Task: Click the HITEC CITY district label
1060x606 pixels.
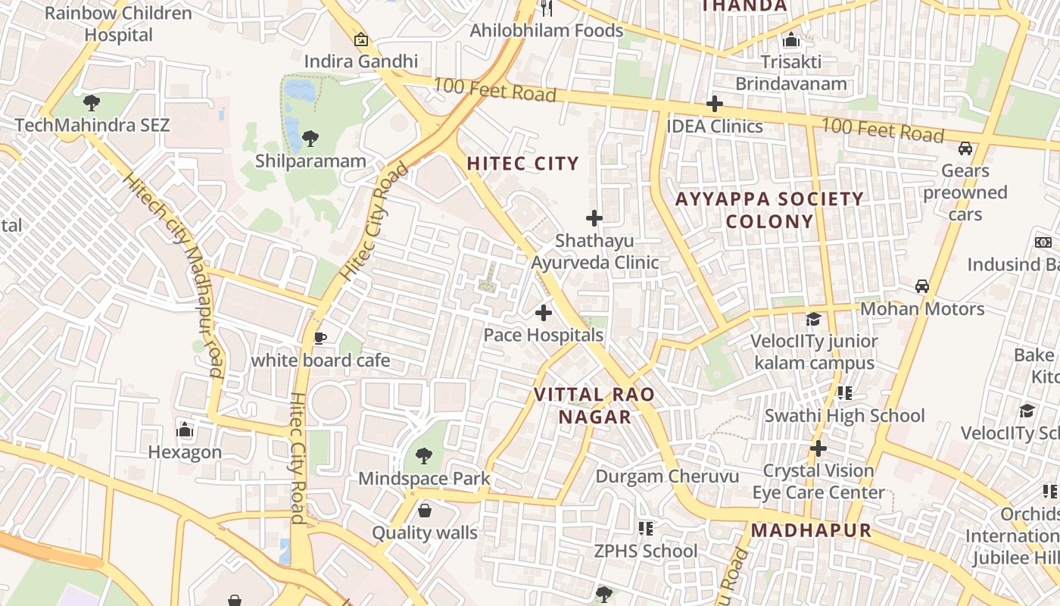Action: click(x=522, y=164)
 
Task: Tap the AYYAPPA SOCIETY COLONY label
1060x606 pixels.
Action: click(x=769, y=210)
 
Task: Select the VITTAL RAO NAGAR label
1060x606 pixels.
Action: click(x=594, y=405)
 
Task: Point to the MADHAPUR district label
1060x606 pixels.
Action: click(x=811, y=530)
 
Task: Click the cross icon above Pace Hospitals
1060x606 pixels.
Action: click(x=543, y=312)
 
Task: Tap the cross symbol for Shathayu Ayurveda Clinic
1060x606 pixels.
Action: click(x=594, y=218)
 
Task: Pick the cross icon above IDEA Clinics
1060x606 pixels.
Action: click(x=714, y=104)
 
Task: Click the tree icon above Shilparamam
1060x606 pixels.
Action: click(x=310, y=139)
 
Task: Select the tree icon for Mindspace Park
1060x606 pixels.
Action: click(x=424, y=455)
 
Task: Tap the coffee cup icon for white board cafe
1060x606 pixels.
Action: click(x=320, y=338)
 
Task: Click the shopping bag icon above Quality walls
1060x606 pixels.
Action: click(x=425, y=510)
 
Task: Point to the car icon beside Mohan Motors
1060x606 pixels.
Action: click(x=921, y=286)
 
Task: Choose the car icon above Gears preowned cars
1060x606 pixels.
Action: click(x=965, y=148)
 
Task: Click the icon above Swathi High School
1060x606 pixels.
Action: click(x=844, y=392)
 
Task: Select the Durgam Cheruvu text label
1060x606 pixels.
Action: click(x=666, y=476)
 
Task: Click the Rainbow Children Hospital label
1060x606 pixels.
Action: click(x=118, y=23)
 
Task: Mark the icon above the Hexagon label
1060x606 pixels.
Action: click(x=185, y=430)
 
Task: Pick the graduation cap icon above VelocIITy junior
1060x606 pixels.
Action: click(x=813, y=319)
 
